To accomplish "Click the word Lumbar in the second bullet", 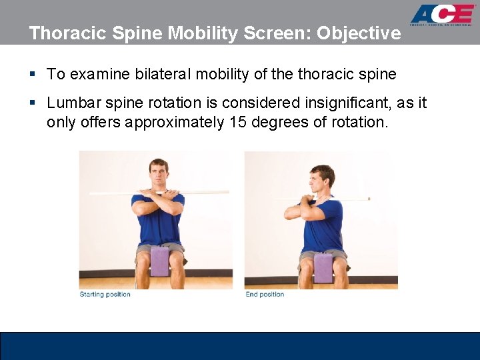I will (74, 103).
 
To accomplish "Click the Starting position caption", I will (105, 295).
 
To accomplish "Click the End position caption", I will (265, 295).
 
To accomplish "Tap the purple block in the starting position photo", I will (160, 261).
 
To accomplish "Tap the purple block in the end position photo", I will (323, 267).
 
